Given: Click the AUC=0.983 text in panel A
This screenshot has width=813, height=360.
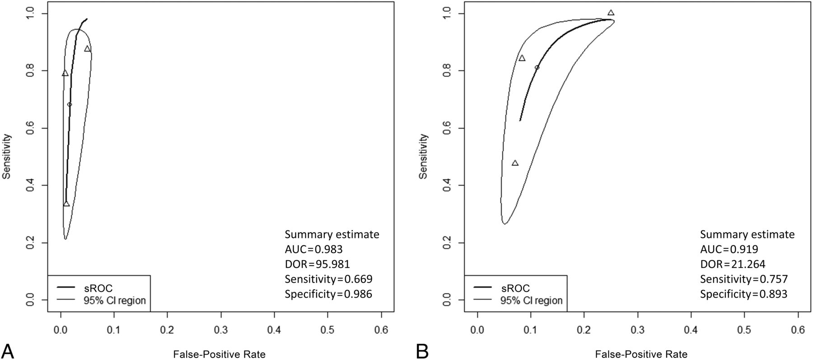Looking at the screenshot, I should coord(313,249).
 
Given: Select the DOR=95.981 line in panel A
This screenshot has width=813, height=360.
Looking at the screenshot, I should coord(317,264).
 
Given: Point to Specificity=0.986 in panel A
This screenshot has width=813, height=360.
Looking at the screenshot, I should coord(328,294).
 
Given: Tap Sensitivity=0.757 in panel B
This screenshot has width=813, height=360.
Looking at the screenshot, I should coord(744,279).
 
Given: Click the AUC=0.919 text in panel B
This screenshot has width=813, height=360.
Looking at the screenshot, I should coord(729,249).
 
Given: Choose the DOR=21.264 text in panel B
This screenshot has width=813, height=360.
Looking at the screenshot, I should coord(733,264).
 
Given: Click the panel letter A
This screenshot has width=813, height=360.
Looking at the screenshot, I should coord(8,351).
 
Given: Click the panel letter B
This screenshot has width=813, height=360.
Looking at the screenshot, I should coord(422,351).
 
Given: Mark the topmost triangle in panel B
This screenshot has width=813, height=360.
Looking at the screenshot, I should coord(611,13).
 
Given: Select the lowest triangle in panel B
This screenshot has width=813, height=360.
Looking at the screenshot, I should coord(515,163).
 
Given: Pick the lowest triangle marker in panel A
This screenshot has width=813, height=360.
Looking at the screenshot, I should coord(66,204).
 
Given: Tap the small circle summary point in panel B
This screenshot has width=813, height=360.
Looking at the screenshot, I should coord(537,67).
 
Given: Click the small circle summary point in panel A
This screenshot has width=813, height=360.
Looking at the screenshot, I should coord(70,104).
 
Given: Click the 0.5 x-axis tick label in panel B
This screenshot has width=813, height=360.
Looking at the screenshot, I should coord(744,331).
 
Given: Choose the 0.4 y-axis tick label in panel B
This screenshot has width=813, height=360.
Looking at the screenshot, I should coord(447,186).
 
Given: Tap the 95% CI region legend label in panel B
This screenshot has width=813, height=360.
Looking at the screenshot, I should coord(531,300).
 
